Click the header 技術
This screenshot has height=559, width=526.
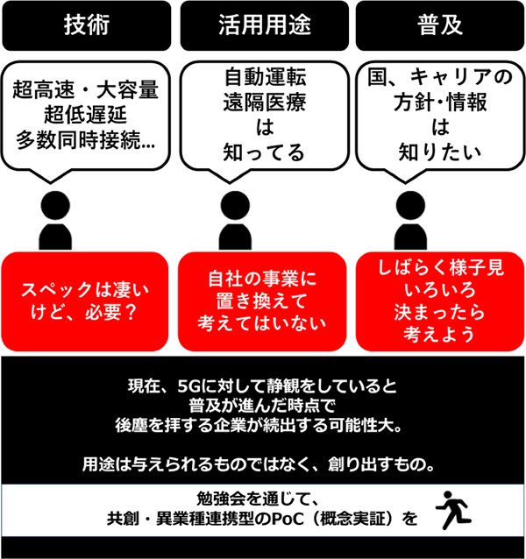coord(87,25)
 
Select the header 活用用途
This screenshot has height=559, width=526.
coord(264,25)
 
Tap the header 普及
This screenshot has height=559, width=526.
coord(440,25)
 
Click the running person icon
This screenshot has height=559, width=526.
coord(453,510)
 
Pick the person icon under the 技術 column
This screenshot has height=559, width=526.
coord(55,220)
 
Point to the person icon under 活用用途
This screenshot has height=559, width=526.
coord(235,220)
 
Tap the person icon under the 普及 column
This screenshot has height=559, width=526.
coord(410,220)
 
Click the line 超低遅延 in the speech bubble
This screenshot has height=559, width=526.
coord(85,115)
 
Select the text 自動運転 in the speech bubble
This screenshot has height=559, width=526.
coord(265,77)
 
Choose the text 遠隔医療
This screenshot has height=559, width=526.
coord(265,103)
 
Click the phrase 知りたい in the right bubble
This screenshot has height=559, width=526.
coord(440,152)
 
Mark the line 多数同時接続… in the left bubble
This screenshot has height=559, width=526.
coord(85,140)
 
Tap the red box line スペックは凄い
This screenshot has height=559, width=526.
coord(85,290)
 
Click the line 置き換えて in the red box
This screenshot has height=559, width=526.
coord(262,301)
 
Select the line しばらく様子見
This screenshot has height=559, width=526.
coord(441,268)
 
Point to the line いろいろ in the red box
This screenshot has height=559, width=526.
coord(440,290)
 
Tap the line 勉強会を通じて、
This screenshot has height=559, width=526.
coord(257,499)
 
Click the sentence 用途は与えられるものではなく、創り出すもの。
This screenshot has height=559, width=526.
coord(259,464)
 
